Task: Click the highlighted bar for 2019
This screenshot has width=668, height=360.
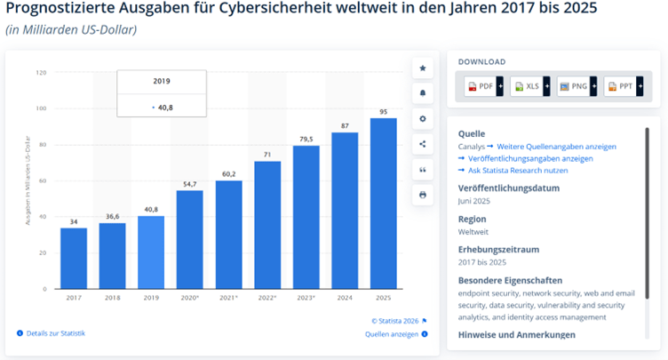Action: point(151,252)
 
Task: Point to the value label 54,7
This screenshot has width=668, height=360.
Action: point(189,182)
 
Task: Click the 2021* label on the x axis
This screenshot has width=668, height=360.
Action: point(228,299)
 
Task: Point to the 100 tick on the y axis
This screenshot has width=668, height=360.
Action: point(41,108)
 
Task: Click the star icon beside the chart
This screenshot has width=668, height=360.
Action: point(423,68)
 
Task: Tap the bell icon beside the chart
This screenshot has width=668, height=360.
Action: point(423,93)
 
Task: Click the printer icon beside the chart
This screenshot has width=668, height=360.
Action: point(423,194)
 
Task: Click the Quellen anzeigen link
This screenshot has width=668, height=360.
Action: point(392,334)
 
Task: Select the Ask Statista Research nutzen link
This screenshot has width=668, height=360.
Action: point(517,170)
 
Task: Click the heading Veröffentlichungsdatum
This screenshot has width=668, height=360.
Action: point(510,188)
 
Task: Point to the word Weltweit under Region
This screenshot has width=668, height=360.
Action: point(474,231)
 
